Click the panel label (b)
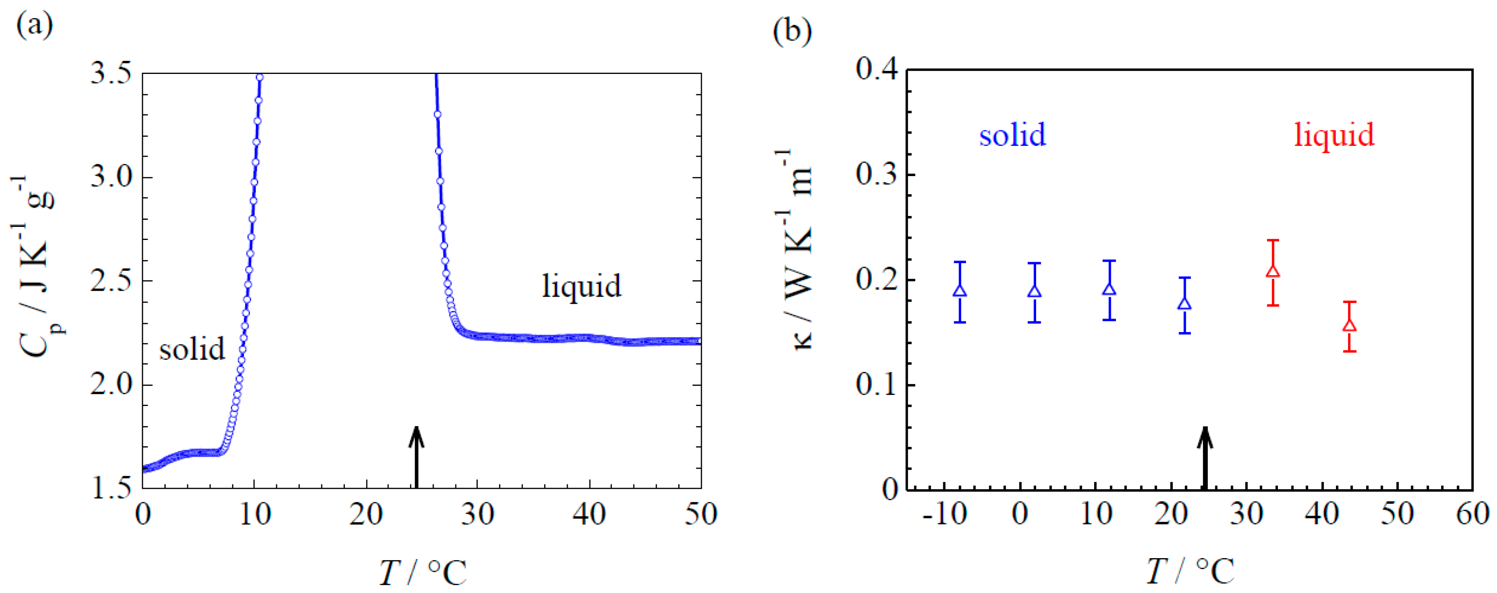point(793,32)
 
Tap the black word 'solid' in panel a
point(192,349)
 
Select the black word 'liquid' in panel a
point(582,286)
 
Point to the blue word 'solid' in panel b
point(1012,135)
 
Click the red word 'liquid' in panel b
point(1334,135)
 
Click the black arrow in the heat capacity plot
point(416,456)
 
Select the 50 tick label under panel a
point(701,514)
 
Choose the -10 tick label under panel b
point(944,514)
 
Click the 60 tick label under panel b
point(1473,514)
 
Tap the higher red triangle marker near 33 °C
point(1273,271)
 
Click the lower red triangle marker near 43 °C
point(1349,325)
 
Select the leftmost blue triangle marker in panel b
point(960,290)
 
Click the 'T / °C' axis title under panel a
point(423,572)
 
